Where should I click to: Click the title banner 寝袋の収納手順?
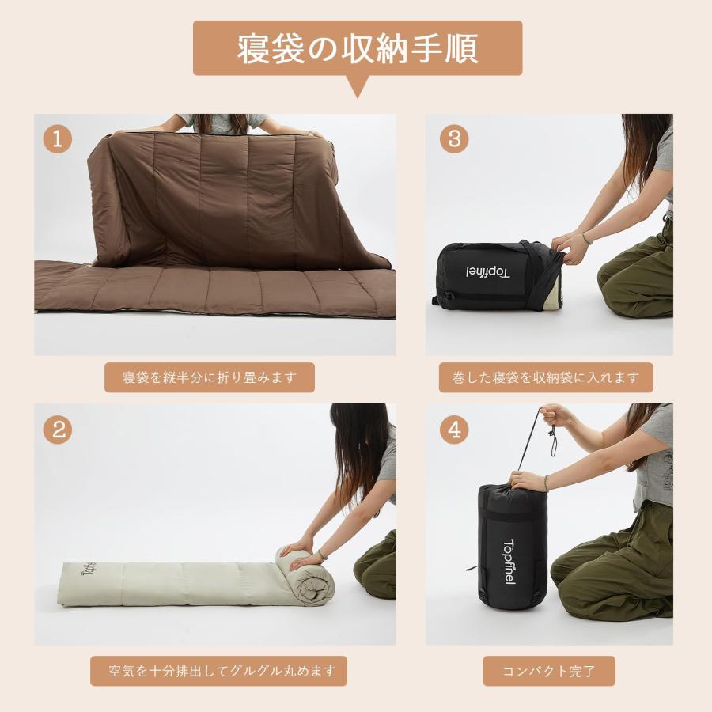358,48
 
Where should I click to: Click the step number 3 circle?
454,138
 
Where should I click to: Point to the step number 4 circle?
454,430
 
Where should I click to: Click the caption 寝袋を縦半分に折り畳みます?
210,377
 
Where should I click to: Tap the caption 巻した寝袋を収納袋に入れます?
546,377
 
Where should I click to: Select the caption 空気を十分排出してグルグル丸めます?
217,672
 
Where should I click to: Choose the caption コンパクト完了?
548,672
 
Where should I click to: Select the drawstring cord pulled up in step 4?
532,443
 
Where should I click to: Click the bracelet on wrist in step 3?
586,237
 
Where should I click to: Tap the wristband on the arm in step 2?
322,554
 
